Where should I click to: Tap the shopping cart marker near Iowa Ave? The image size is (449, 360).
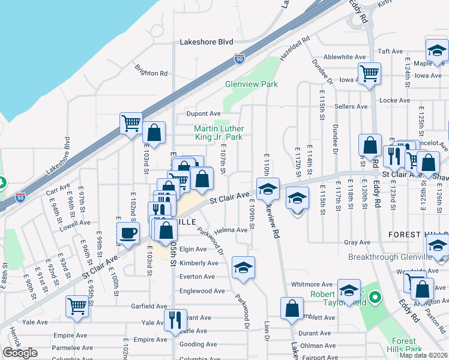tap(369, 73)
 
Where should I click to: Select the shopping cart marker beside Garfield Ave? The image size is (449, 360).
tap(77, 307)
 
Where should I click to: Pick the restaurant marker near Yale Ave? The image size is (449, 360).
tap(175, 320)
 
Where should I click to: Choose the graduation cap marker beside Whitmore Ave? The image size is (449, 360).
tap(348, 290)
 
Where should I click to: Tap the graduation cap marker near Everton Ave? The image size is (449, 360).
tap(243, 268)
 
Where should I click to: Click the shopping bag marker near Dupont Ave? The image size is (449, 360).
tap(154, 133)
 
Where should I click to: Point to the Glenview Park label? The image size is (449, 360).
tap(251, 85)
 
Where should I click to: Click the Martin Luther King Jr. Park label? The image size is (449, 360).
tap(218, 133)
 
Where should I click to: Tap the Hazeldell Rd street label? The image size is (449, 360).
tap(294, 47)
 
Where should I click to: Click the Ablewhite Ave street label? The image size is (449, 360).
tap(345, 57)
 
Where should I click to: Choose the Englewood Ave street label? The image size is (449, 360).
tap(202, 291)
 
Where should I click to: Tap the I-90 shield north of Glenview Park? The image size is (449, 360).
tap(239, 59)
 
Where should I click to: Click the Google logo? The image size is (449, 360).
tap(20, 353)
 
